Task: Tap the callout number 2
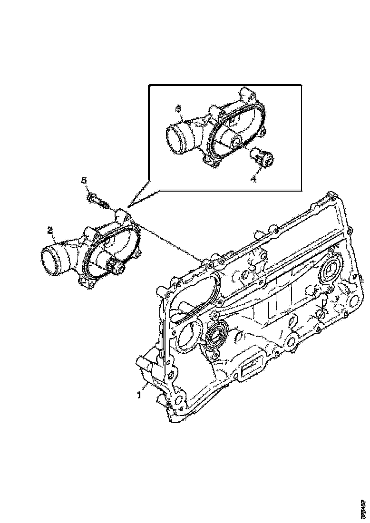point(49,231)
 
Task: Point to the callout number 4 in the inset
point(253,179)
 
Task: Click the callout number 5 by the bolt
point(84,181)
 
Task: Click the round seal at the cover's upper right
point(329,272)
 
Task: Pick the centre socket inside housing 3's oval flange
point(236,141)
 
